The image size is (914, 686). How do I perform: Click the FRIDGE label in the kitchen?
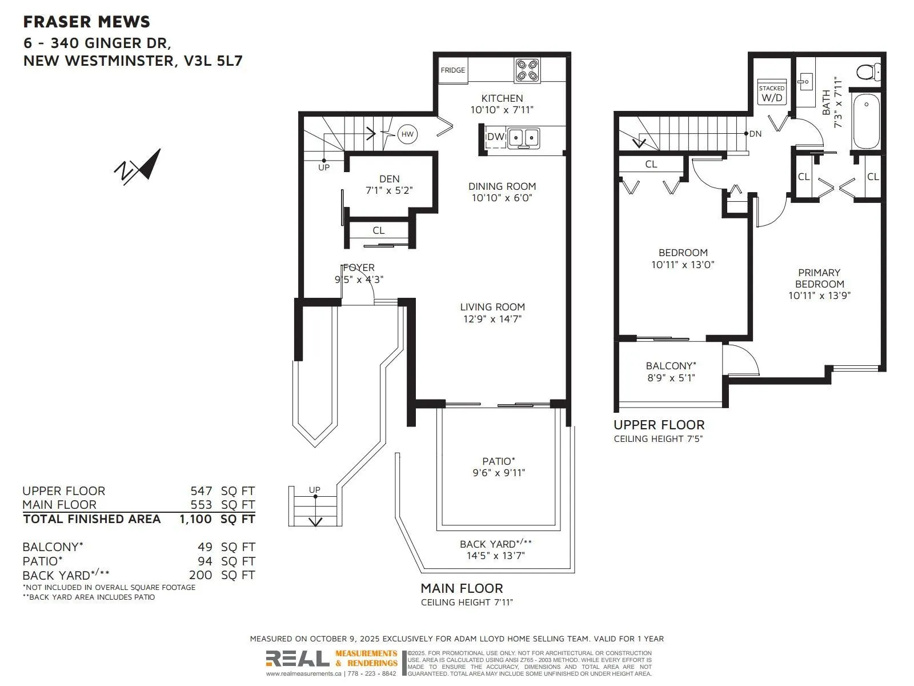(x=452, y=70)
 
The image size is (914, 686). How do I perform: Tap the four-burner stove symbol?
(x=526, y=70)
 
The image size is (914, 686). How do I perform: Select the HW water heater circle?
(x=407, y=135)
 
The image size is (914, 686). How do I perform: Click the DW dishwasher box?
(x=495, y=137)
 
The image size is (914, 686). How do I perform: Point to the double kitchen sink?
(x=524, y=137)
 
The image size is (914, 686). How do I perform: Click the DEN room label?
(x=389, y=179)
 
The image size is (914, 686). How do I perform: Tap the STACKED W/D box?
(x=772, y=93)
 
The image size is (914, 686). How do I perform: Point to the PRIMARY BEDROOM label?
(x=819, y=278)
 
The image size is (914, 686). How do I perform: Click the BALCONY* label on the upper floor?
(x=671, y=366)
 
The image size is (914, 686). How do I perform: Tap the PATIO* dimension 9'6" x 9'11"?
(x=498, y=473)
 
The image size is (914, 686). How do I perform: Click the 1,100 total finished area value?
(x=195, y=519)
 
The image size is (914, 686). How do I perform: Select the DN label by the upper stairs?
(x=755, y=134)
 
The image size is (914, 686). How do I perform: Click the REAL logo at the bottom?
(x=297, y=659)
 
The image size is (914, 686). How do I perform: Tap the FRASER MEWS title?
(x=87, y=22)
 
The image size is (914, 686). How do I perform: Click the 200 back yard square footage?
(x=201, y=575)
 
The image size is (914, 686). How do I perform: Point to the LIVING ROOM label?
(x=492, y=307)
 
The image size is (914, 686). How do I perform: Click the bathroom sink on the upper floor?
(x=805, y=81)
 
